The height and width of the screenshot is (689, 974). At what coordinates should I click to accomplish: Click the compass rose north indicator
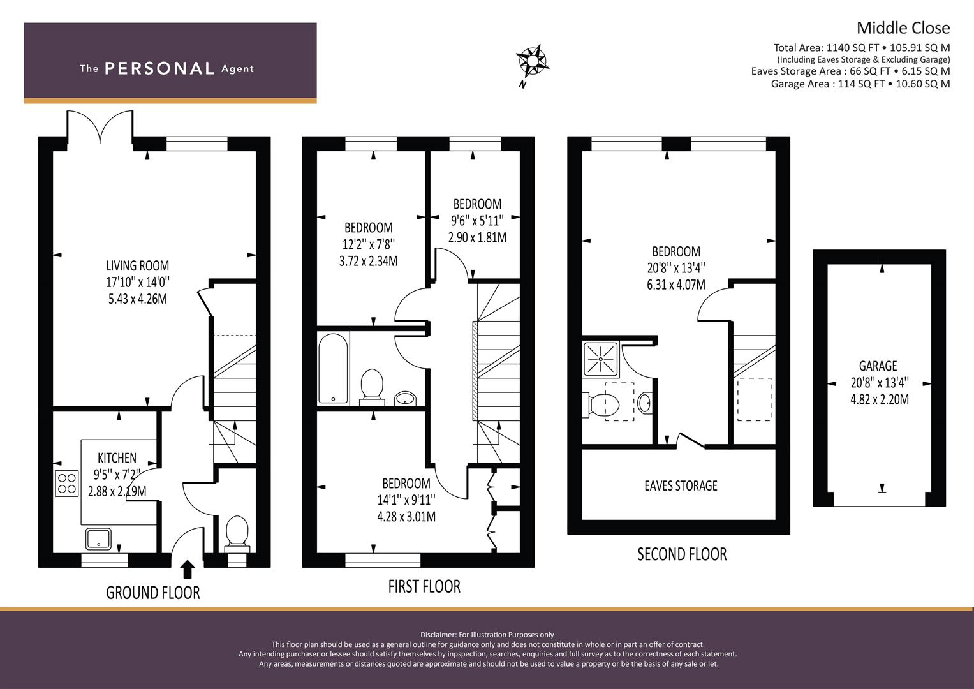click(x=532, y=64)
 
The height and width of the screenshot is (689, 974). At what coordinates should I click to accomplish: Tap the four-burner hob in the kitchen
click(x=67, y=484)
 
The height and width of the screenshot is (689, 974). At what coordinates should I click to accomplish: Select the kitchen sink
click(x=98, y=538)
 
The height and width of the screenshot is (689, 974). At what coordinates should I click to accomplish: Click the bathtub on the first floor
click(x=333, y=369)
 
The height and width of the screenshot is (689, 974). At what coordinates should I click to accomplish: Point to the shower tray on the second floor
click(x=600, y=359)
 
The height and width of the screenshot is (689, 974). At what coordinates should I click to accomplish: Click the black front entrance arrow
click(x=188, y=569)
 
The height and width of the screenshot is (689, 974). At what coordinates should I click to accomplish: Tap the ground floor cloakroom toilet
click(x=237, y=533)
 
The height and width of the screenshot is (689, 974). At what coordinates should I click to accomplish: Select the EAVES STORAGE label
click(x=681, y=485)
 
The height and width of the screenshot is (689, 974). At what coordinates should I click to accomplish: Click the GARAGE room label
click(x=878, y=366)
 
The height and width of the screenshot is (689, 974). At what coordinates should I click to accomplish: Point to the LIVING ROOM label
click(x=137, y=265)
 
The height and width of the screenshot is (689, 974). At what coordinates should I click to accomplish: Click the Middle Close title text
click(x=903, y=28)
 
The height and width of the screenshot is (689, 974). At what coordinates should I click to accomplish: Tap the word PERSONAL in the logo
click(x=159, y=68)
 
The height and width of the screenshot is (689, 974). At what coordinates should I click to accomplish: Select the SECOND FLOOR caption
click(x=682, y=554)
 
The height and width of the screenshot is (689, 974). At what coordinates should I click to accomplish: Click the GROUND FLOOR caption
click(x=153, y=593)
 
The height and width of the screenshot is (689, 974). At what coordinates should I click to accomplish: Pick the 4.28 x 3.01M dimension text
click(x=406, y=517)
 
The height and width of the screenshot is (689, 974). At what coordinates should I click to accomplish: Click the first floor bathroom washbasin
click(x=406, y=398)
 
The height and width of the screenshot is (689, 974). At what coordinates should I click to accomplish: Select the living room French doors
click(x=100, y=126)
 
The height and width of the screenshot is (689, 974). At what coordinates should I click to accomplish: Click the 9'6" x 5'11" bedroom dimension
click(x=477, y=221)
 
